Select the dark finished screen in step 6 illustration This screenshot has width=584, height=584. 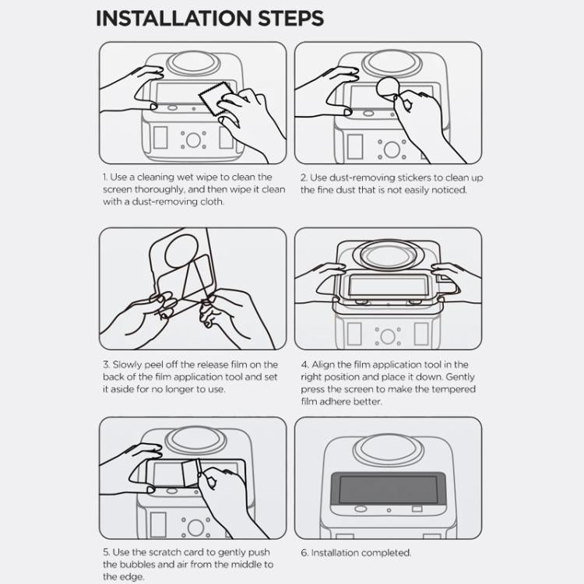[x=387, y=490]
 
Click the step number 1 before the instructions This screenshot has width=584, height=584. [x=104, y=178]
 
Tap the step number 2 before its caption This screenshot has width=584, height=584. [x=304, y=178]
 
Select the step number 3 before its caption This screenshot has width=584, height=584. [x=105, y=364]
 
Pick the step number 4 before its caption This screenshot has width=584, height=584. [x=304, y=364]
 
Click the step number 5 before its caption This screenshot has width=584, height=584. [x=105, y=553]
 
